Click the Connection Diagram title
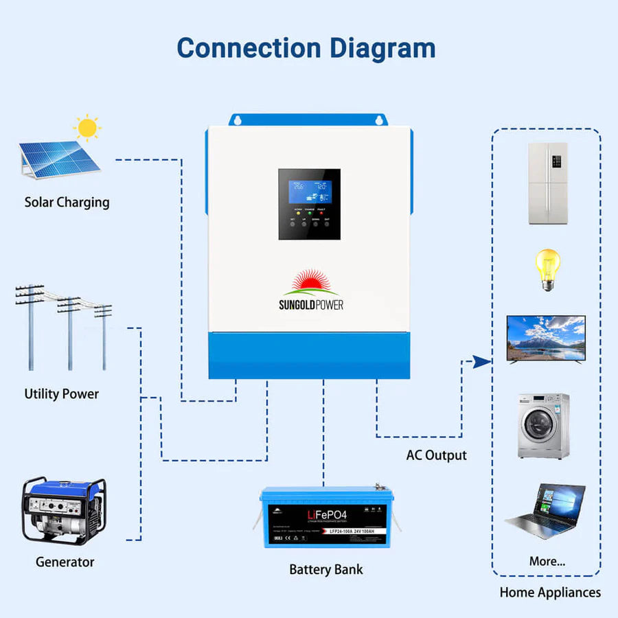point(306,48)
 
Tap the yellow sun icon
point(87,128)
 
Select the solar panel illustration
point(58,159)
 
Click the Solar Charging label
point(67,202)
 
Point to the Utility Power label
point(61,394)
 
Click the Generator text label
point(65,562)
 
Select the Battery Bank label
point(325,569)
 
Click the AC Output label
point(436,455)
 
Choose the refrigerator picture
point(547,183)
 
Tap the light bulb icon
point(547,269)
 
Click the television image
point(545,339)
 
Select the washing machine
point(542,426)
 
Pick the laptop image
point(547,510)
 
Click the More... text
point(547,561)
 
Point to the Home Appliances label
point(550,592)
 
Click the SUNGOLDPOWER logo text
point(310,304)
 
